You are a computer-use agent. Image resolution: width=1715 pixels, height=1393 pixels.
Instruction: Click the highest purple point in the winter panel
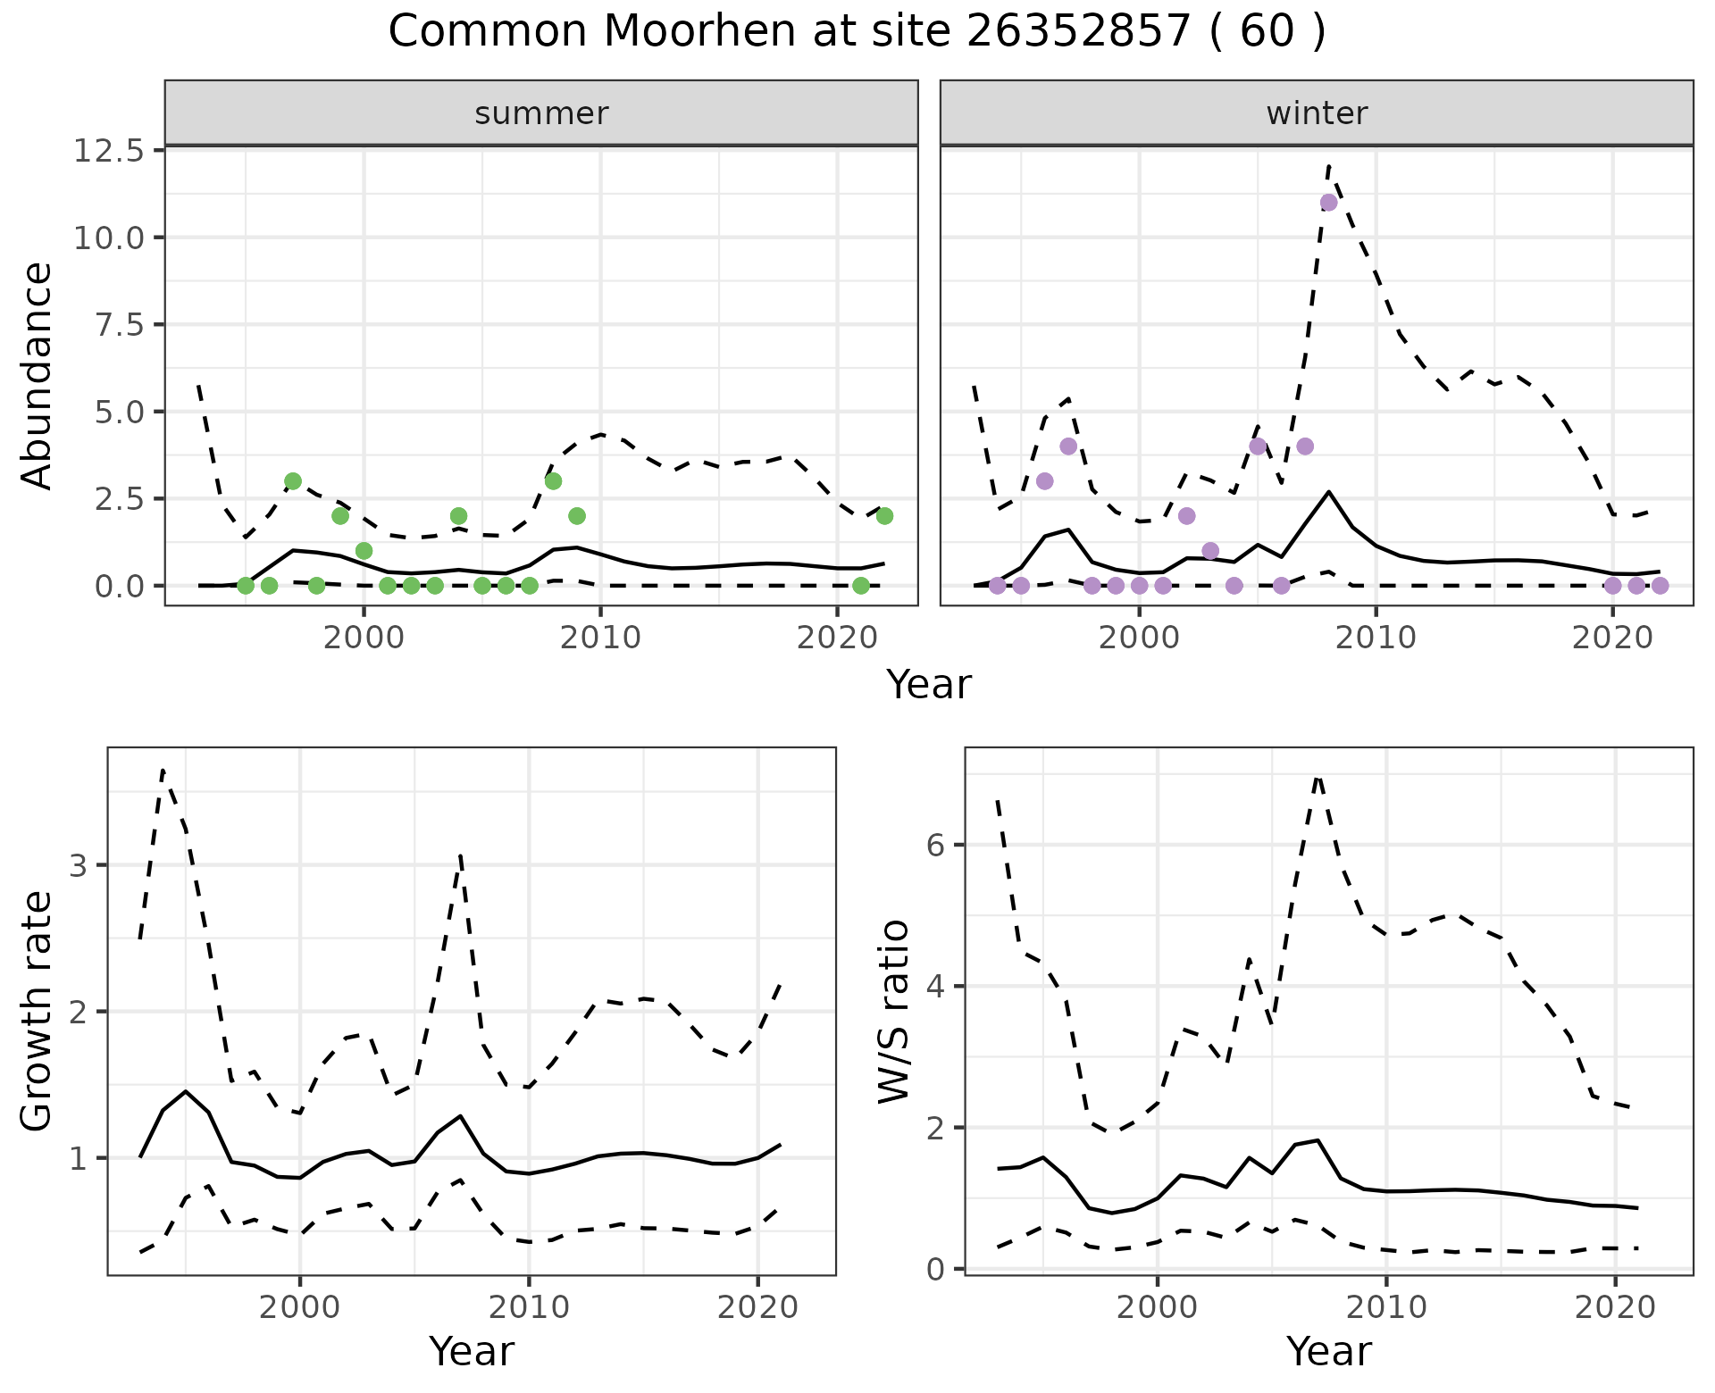click(1328, 203)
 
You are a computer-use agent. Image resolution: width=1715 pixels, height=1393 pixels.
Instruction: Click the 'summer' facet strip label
click(541, 113)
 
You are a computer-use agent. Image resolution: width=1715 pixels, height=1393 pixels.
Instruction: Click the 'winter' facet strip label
click(1317, 113)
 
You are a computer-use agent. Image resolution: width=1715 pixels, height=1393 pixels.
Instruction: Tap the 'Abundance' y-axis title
click(38, 376)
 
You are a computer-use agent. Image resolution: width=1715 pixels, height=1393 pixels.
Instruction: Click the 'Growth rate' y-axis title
click(38, 1012)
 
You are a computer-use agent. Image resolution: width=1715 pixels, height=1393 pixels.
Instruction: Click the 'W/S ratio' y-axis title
click(894, 1012)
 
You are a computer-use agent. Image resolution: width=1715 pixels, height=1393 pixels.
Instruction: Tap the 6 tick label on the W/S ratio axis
click(935, 846)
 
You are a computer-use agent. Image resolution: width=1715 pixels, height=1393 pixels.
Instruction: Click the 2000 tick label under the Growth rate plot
click(299, 1307)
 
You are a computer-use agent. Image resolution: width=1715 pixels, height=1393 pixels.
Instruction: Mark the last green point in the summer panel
click(884, 516)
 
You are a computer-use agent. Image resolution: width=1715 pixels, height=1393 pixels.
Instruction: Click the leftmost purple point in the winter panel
click(997, 586)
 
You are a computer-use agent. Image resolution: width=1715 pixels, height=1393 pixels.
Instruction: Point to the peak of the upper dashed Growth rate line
click(163, 769)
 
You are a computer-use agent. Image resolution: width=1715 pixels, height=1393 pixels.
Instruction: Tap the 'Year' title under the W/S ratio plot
click(1328, 1352)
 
